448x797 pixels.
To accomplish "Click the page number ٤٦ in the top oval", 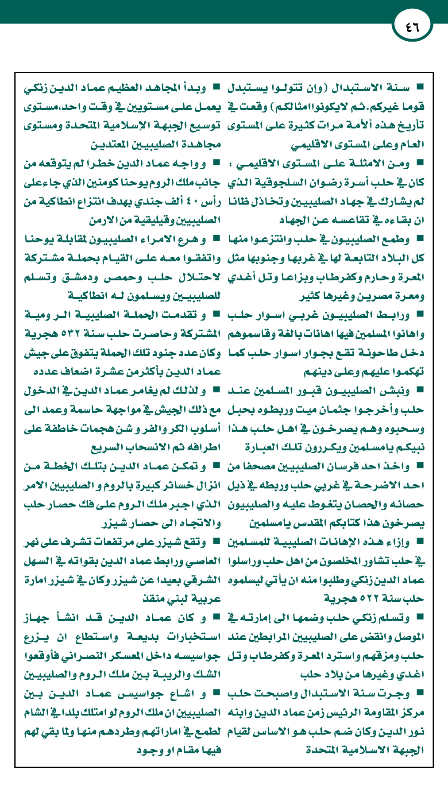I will (412, 27).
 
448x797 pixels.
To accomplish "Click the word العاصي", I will (202, 561).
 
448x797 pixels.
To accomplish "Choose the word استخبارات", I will (193, 637).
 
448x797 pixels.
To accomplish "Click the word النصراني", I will (101, 655).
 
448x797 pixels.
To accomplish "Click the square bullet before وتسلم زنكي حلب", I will (420, 617).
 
